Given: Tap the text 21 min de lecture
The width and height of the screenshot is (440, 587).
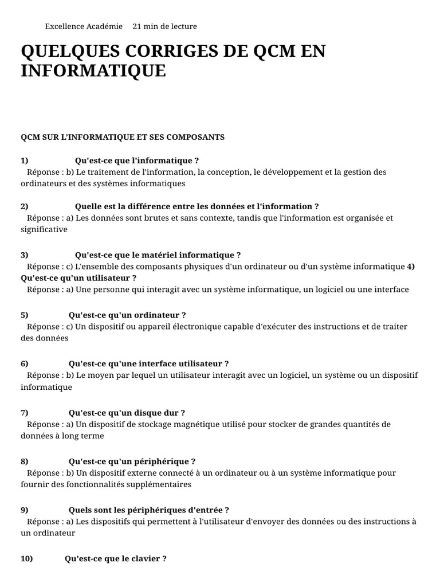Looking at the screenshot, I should [x=164, y=26].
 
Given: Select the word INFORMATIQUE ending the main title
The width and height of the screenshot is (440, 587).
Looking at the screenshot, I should [x=93, y=71].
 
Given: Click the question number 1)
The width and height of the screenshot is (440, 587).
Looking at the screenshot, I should [x=25, y=161].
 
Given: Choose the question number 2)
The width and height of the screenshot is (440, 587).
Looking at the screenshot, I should [x=25, y=206].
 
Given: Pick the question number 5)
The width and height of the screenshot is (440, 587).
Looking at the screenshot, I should [x=25, y=315].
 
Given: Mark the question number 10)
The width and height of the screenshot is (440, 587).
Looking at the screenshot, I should [x=26, y=559].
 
